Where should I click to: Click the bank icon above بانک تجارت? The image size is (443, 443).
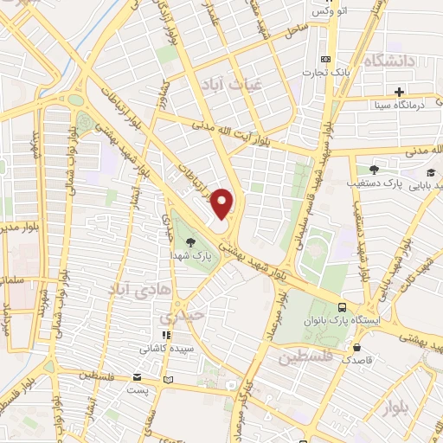pyautogui.click(x=324, y=59)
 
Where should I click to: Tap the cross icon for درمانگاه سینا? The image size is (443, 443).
pyautogui.click(x=399, y=92)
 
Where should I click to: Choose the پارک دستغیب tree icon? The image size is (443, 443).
pyautogui.click(x=373, y=170)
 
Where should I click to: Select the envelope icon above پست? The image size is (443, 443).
pyautogui.click(x=138, y=377)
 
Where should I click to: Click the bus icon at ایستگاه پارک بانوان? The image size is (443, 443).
pyautogui.click(x=343, y=307)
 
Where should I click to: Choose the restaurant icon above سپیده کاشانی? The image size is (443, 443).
pyautogui.click(x=165, y=335)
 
